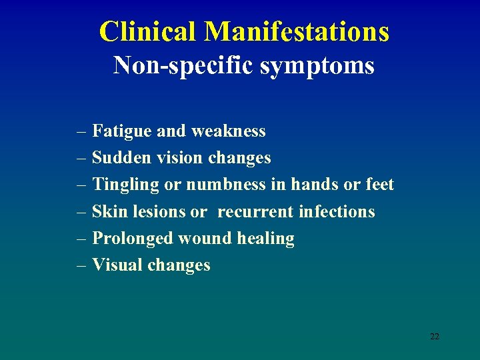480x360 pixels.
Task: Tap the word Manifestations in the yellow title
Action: coord(297,31)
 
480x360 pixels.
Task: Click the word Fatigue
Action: coord(122,131)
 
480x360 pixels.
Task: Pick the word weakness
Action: coord(229,131)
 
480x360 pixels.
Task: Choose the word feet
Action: coord(380,185)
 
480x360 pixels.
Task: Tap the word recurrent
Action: coord(255,211)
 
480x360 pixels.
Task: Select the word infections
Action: coord(337,211)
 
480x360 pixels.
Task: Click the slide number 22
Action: coord(435,337)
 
